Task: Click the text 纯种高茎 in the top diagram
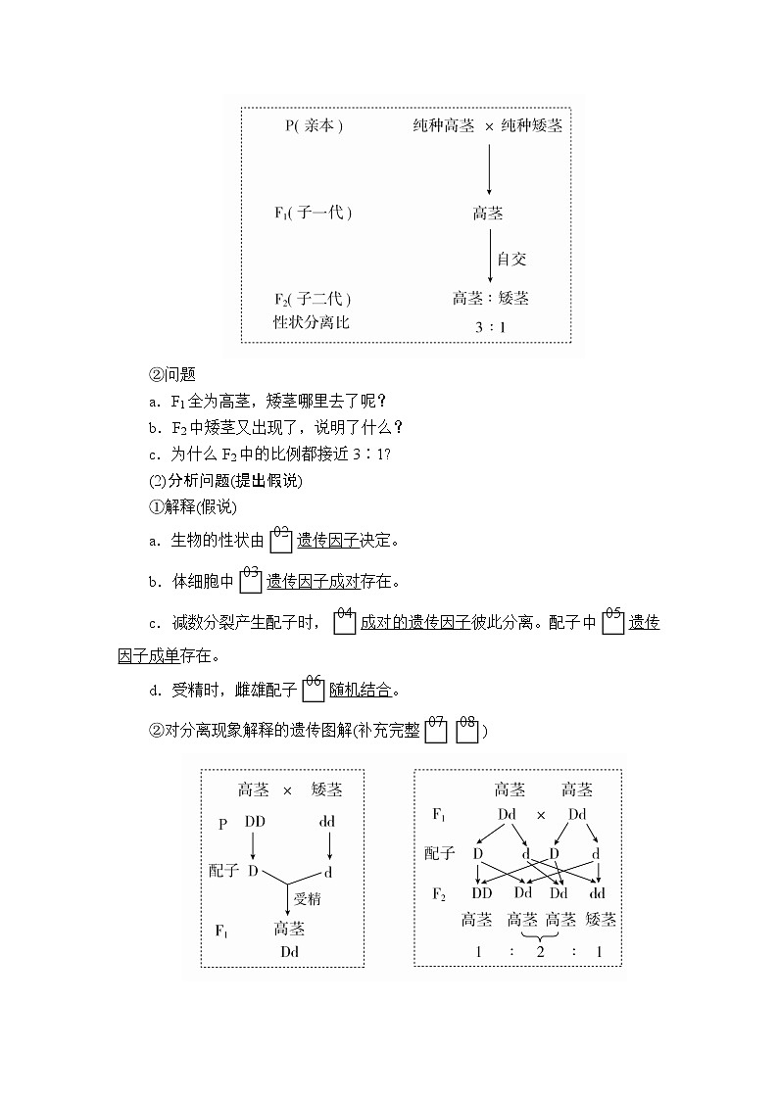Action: (443, 126)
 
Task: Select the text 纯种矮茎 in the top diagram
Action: (532, 126)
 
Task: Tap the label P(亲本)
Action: (314, 126)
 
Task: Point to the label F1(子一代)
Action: (313, 213)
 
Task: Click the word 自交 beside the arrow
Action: (511, 259)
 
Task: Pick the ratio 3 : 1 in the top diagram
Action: (490, 327)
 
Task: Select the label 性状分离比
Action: (311, 321)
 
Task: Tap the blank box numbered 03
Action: (250, 582)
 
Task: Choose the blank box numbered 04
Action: (344, 623)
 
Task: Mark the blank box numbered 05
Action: (612, 623)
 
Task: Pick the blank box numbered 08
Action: (467, 732)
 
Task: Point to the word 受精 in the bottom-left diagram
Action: (308, 897)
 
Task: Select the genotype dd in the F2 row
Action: (598, 892)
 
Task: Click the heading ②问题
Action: (172, 373)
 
